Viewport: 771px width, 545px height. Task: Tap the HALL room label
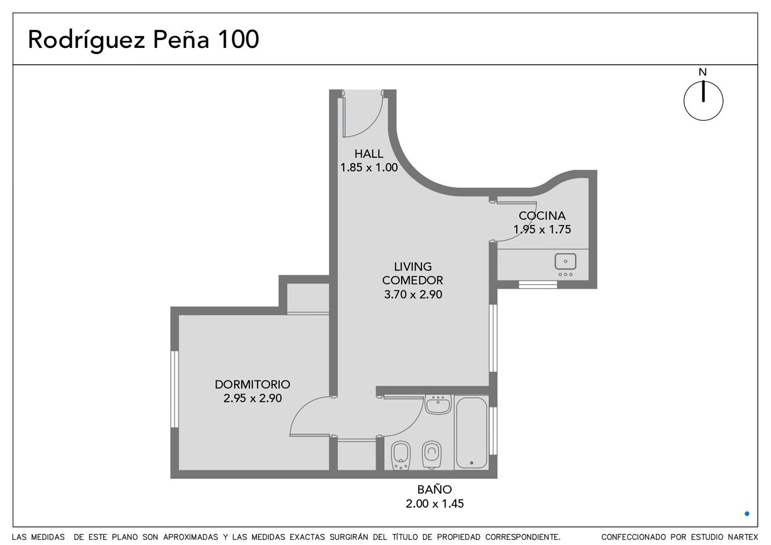(x=369, y=153)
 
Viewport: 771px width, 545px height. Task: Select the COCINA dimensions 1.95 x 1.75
(x=542, y=229)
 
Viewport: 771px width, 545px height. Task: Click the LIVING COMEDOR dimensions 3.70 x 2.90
(x=413, y=294)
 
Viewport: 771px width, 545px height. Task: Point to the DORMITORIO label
(x=252, y=384)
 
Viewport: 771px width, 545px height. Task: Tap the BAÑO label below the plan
(x=434, y=489)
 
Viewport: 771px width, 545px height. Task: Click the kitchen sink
(x=565, y=262)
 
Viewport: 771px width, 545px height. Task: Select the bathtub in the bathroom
(x=471, y=433)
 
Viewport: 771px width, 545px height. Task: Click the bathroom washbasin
(x=438, y=404)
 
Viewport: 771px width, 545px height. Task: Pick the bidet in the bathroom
(x=401, y=455)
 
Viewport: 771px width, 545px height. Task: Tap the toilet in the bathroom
(x=431, y=455)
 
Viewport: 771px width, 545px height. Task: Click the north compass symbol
(x=703, y=100)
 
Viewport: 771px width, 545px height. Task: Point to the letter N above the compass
(x=702, y=72)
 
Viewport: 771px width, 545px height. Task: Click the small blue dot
(x=747, y=514)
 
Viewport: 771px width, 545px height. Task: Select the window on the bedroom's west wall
(x=175, y=390)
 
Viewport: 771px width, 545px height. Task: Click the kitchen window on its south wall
(x=538, y=285)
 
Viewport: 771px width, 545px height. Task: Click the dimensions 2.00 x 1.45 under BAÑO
(x=434, y=504)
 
